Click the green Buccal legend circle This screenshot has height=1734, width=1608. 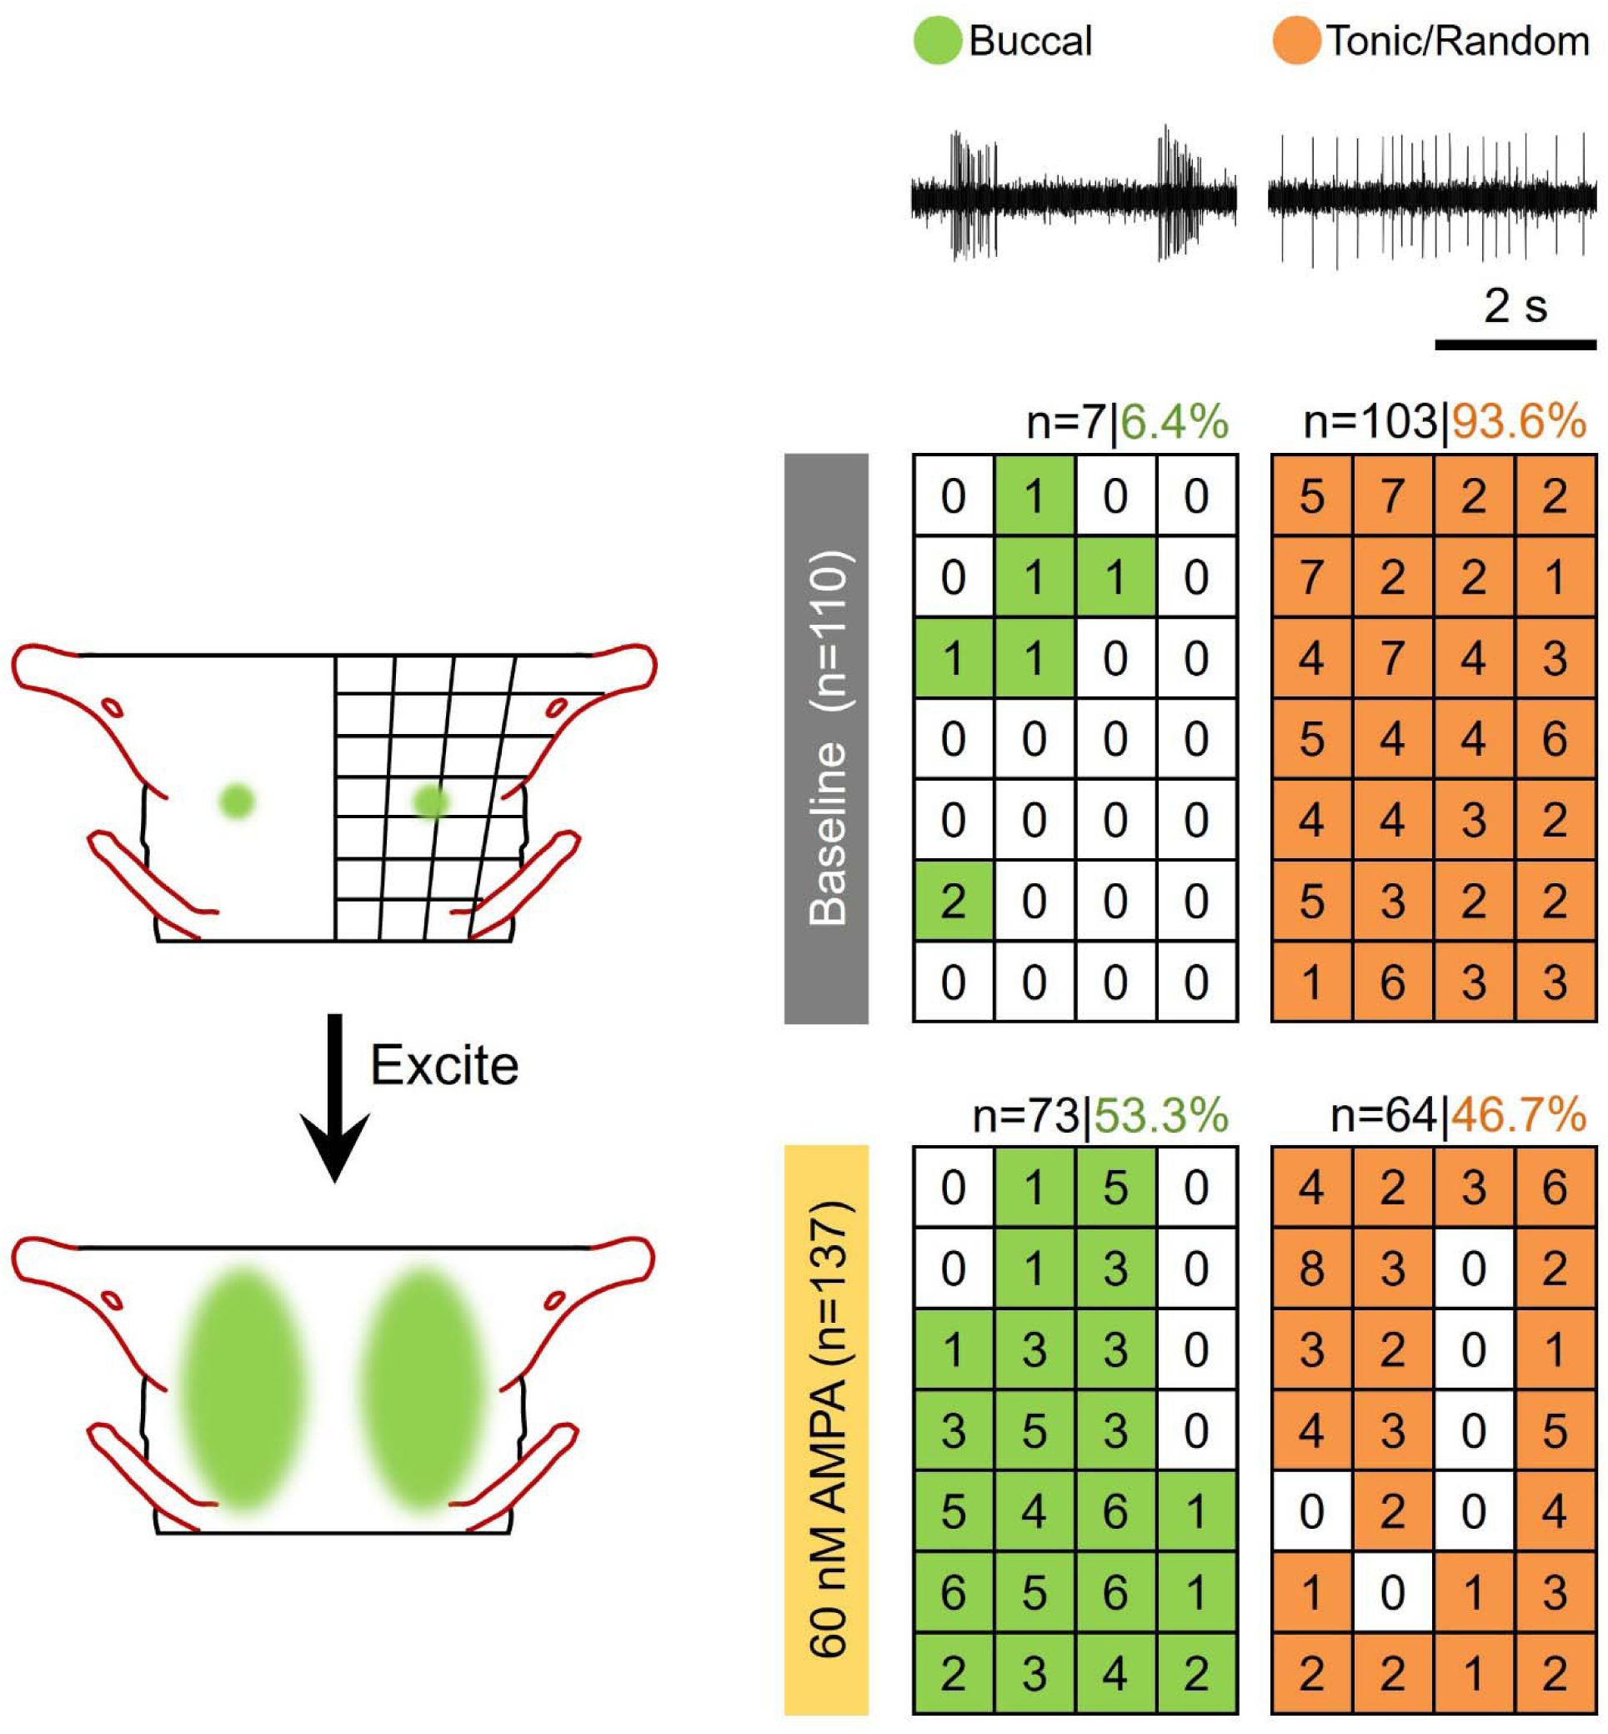(937, 41)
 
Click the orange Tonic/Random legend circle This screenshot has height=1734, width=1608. (1295, 41)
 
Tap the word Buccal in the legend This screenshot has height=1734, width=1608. (1030, 41)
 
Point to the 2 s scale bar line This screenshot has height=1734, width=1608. (1515, 344)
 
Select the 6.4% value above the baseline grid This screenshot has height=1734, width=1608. (1174, 423)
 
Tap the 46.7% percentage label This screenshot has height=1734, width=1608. (1518, 1115)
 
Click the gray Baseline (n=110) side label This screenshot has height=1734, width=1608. (827, 737)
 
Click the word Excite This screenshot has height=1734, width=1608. (444, 1064)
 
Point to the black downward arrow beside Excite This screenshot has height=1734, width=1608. (335, 1097)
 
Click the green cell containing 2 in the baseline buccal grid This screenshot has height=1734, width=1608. (953, 901)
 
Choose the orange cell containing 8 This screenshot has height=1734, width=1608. (1311, 1269)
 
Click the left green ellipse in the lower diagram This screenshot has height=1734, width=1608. (243, 1389)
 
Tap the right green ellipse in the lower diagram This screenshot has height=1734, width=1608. (423, 1389)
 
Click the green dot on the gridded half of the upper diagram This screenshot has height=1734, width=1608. (431, 801)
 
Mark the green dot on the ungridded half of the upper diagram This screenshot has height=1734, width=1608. (237, 800)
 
